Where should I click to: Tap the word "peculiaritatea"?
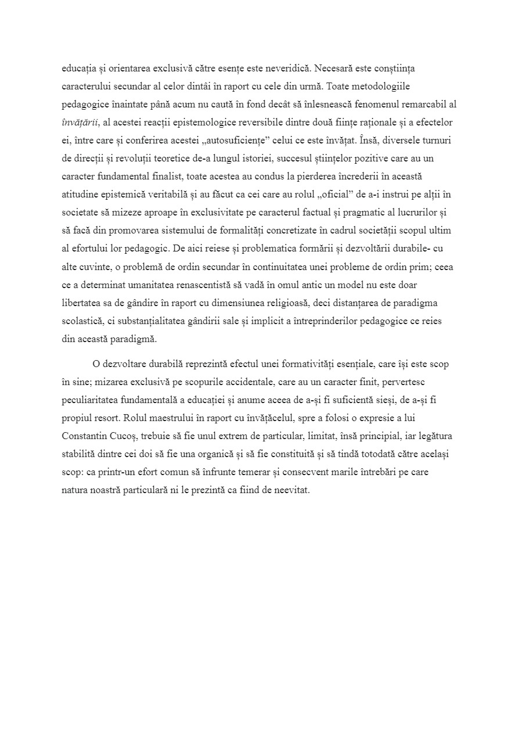pyautogui.click(x=89, y=401)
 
